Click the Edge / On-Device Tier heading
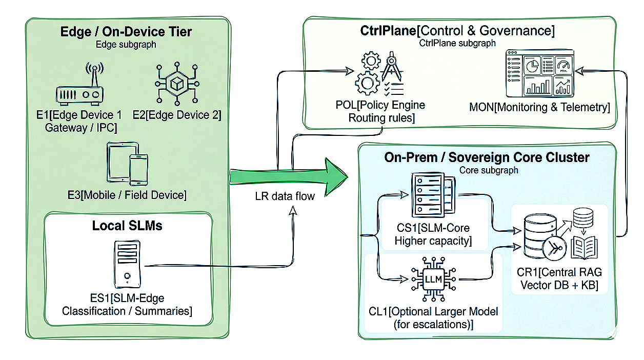coord(126,32)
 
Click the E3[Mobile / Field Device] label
coord(127,195)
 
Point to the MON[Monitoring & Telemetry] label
coord(539,107)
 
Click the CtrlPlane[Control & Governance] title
coord(457,31)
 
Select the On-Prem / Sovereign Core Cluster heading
coord(487,157)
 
